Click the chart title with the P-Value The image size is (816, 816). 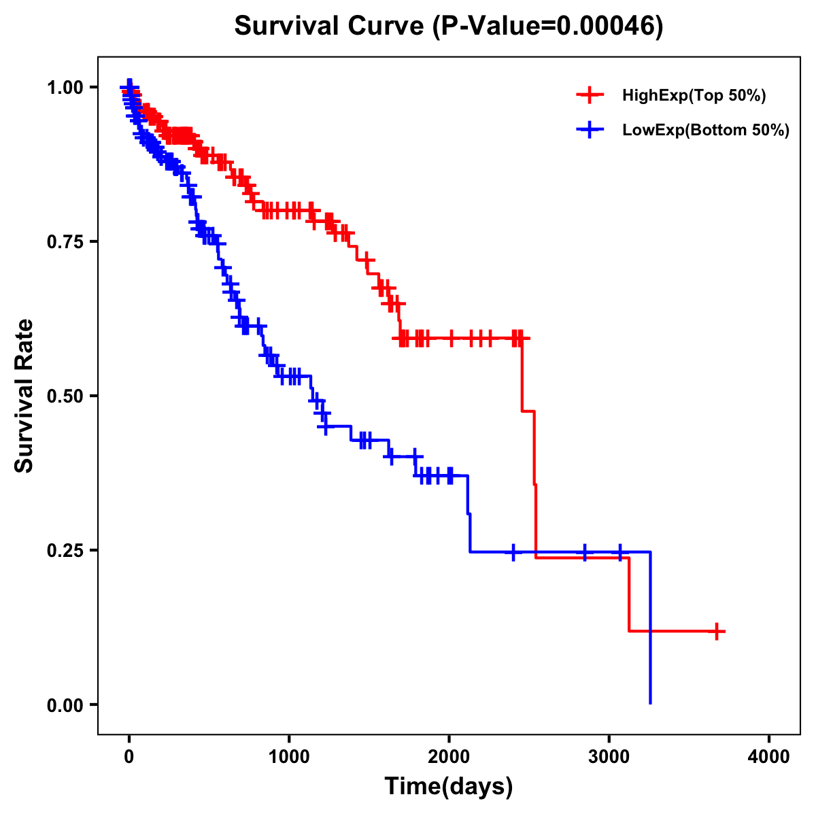448,26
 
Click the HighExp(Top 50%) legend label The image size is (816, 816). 694,96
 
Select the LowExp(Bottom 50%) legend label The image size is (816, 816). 706,130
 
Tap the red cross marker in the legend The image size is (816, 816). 590,95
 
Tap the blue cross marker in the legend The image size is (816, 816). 590,129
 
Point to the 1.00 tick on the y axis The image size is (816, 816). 64,87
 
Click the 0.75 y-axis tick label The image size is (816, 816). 64,241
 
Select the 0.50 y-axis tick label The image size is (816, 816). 64,396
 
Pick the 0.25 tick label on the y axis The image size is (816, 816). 64,550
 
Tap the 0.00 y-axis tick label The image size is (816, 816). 64,705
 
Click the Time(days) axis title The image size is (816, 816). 449,787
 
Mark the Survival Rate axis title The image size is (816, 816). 25,395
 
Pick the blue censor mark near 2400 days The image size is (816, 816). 513,551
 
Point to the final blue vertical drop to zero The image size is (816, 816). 651,632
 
